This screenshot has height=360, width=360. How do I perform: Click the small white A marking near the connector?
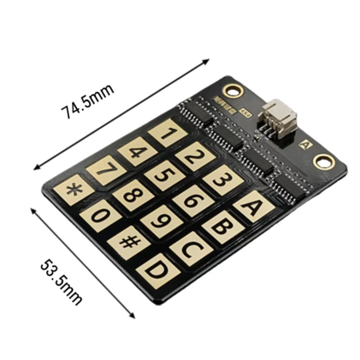tap(305, 145)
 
